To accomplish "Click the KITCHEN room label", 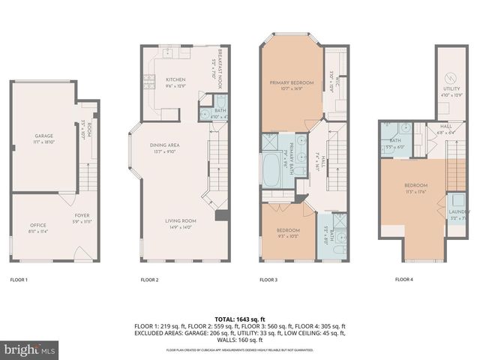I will click(175, 79).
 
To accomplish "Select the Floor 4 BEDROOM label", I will click(415, 185).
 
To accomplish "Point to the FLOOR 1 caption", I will click(19, 280).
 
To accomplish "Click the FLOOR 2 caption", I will click(149, 280).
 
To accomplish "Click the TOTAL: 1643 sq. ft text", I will click(240, 319).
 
